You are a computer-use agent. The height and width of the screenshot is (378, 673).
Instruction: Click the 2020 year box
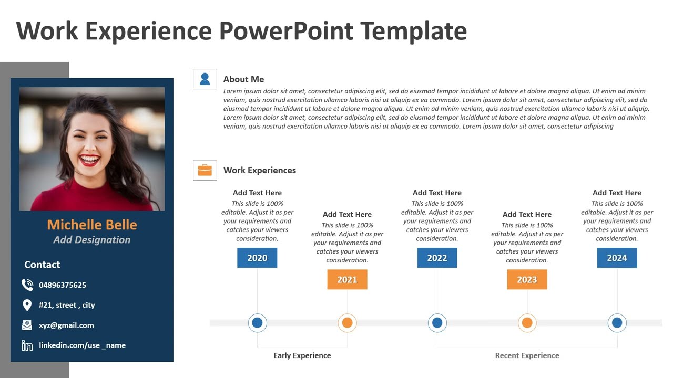(257, 258)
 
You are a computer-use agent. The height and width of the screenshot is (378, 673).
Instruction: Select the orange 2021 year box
(347, 279)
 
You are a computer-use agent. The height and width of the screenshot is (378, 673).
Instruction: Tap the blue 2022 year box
(437, 258)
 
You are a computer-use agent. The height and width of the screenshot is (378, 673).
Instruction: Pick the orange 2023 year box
(527, 279)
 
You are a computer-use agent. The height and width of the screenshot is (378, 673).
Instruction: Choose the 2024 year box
(617, 258)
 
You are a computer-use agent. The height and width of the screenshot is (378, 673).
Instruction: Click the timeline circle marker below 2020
(257, 323)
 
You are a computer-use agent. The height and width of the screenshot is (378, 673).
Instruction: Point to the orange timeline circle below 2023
(527, 323)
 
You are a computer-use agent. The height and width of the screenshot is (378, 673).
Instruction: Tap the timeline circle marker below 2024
(617, 323)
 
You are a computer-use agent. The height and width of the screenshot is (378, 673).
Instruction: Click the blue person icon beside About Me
(205, 79)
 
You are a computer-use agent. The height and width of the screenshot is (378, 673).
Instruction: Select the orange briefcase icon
(205, 170)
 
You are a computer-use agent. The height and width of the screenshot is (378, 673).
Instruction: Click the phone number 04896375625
(63, 285)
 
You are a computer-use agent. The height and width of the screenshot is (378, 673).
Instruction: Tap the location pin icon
(27, 305)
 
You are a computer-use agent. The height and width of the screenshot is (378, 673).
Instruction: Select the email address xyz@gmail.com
(66, 325)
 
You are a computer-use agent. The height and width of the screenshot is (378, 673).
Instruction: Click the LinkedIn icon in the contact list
(27, 345)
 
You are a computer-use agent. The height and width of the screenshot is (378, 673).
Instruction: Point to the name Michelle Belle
(92, 225)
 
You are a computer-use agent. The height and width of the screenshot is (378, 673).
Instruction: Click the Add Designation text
(92, 240)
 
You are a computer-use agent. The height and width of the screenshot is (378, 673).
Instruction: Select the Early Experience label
(302, 355)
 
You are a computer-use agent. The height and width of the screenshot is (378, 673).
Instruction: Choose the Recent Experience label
(527, 355)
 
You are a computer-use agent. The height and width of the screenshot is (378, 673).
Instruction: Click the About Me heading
(243, 79)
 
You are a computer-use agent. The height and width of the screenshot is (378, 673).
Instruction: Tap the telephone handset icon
(27, 285)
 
